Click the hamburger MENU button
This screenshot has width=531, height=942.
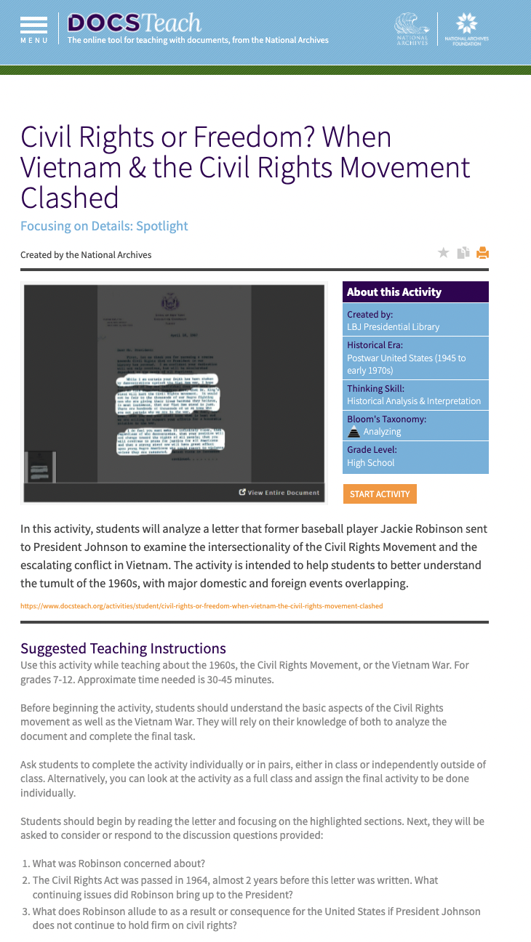point(34,29)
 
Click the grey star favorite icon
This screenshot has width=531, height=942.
point(443,253)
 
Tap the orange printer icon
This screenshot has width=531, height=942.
point(482,253)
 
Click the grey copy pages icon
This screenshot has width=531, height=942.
point(463,253)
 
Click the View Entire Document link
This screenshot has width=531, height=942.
point(279,492)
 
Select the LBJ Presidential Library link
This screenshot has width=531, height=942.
point(393,326)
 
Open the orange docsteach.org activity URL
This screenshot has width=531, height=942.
point(201,605)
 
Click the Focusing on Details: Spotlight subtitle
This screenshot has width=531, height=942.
point(104,226)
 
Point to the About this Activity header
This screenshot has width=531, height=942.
point(394,292)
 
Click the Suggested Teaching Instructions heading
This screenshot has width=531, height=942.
point(123,648)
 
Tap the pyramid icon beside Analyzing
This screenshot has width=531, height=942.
point(354,432)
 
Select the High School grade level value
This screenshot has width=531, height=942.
point(370,462)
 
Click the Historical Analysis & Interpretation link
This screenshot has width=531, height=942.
point(413,400)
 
